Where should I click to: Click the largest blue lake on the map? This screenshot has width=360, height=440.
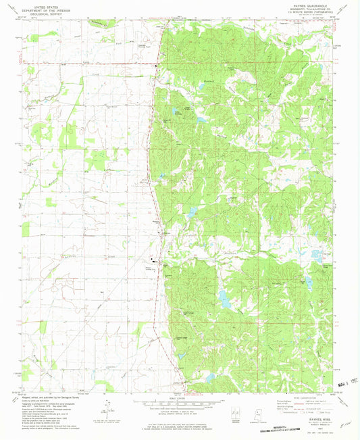click(x=222, y=296)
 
